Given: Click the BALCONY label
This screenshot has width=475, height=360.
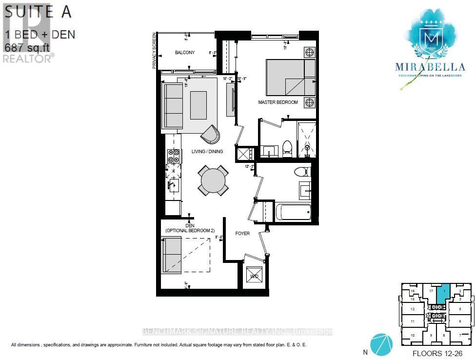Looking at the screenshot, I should click(185, 53).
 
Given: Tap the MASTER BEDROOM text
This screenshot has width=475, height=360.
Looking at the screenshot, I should click(278, 102).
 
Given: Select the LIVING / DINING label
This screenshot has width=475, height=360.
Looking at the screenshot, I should click(207, 152).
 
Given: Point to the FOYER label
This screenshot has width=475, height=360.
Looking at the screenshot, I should click(242, 234).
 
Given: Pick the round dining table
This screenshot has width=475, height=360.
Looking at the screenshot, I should click(214, 180).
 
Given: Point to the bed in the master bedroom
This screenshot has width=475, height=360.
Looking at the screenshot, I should click(291, 78).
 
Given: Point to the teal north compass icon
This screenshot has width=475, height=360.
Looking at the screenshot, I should click(381, 344).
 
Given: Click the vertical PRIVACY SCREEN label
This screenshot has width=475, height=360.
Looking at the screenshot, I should click(154, 51).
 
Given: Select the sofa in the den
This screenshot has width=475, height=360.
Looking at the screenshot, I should click(172, 254).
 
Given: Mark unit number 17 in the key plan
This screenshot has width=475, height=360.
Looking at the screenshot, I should click(431, 291).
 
